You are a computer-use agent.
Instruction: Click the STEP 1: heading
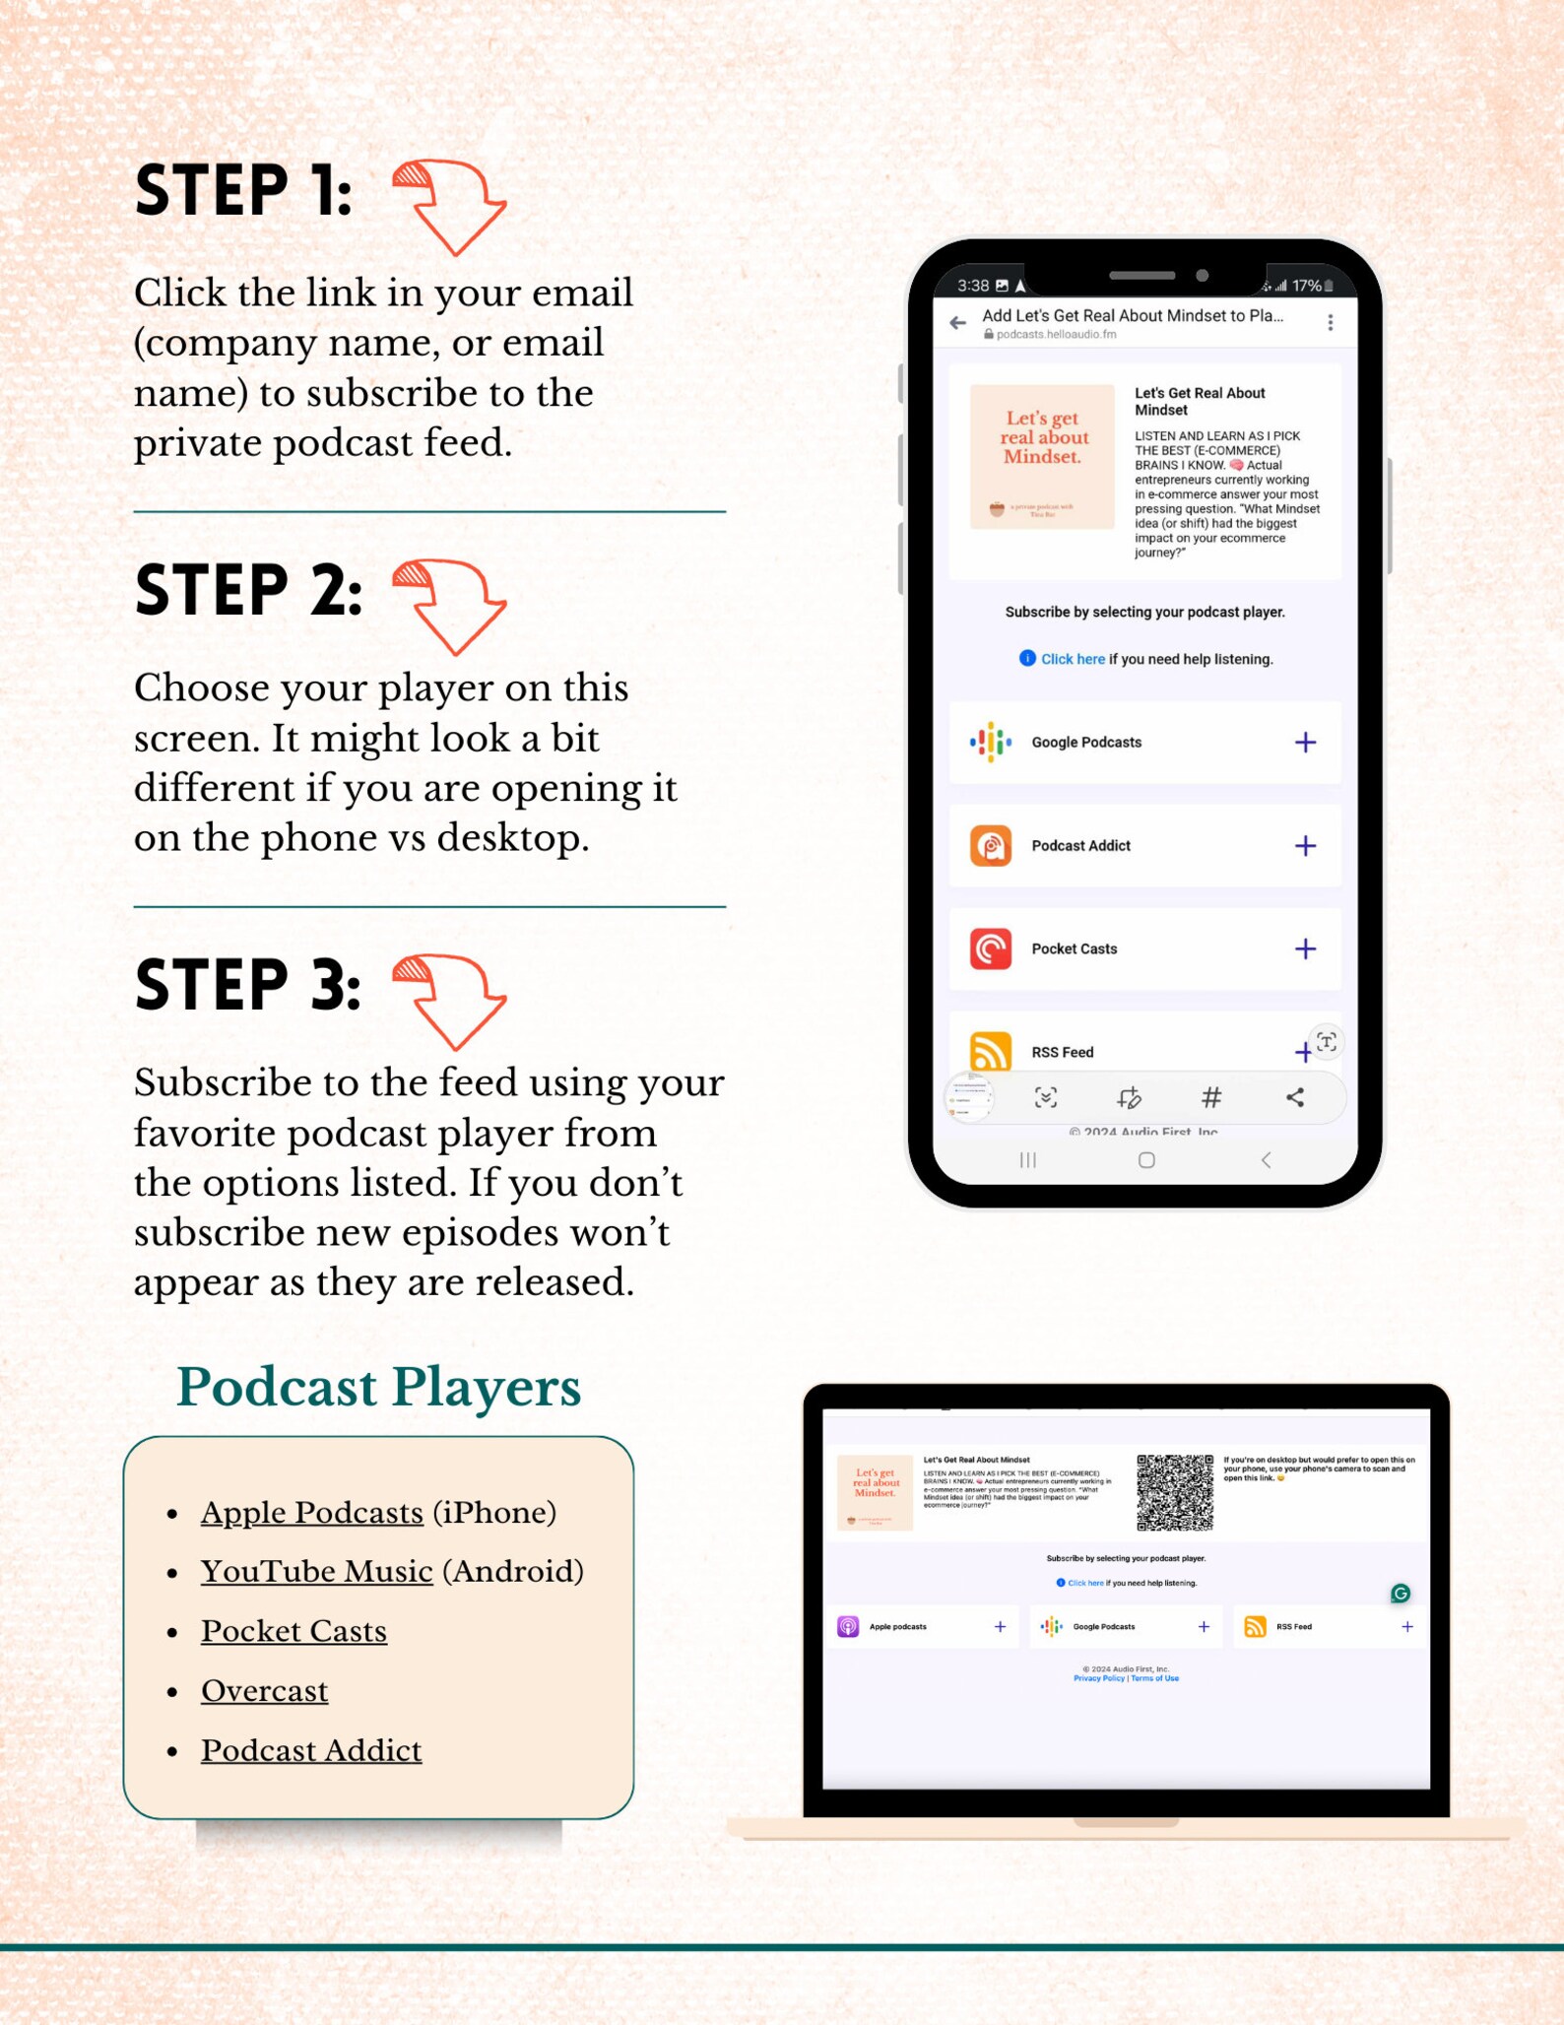coord(243,191)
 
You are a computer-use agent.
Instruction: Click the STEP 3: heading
coord(247,984)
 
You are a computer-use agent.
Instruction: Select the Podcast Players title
coord(378,1387)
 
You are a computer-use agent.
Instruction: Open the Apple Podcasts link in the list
coord(311,1512)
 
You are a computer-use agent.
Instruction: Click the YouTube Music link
coord(316,1571)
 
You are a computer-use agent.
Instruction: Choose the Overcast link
coord(264,1690)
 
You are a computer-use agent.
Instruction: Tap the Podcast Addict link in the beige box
coord(311,1750)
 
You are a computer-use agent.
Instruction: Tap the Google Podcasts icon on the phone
coord(990,742)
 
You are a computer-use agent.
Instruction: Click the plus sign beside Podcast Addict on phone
coord(1305,845)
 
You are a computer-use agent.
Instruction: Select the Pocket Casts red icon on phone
coord(990,948)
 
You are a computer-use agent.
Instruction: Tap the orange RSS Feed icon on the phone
coord(990,1051)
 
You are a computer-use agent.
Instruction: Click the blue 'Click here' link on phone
coord(1073,659)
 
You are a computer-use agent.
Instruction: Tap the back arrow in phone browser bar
coord(957,323)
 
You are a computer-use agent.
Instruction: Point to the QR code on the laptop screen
coord(1174,1492)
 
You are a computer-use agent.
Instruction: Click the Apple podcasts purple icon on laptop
coord(848,1626)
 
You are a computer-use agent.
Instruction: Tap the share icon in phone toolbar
coord(1295,1097)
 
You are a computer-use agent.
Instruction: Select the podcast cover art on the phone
coord(1042,456)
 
